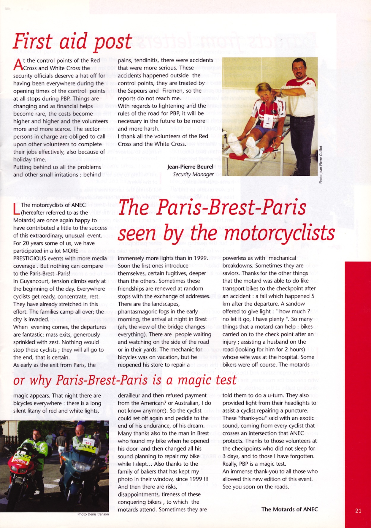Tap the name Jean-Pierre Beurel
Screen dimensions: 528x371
tap(190, 167)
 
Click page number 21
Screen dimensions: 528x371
tap(358, 511)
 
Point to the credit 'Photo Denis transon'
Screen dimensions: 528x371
tap(93, 514)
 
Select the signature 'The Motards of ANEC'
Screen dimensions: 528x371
tap(289, 509)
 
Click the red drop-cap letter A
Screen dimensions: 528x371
tap(18, 64)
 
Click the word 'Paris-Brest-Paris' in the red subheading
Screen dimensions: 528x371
tap(102, 380)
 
